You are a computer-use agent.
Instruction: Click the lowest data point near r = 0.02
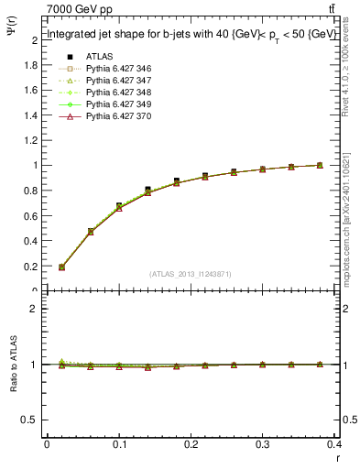[61, 267]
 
